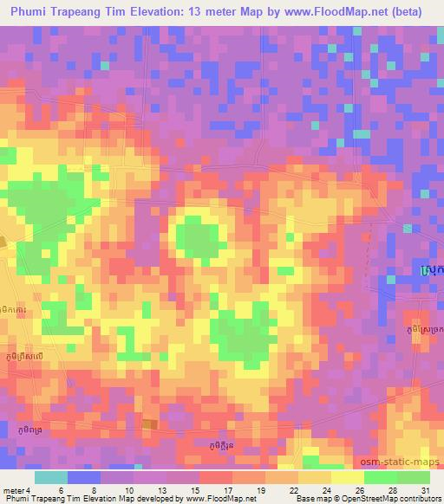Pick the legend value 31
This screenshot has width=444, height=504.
coord(423,490)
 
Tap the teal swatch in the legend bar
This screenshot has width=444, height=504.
coord(51,477)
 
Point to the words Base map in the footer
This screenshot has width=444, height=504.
coord(310,500)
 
